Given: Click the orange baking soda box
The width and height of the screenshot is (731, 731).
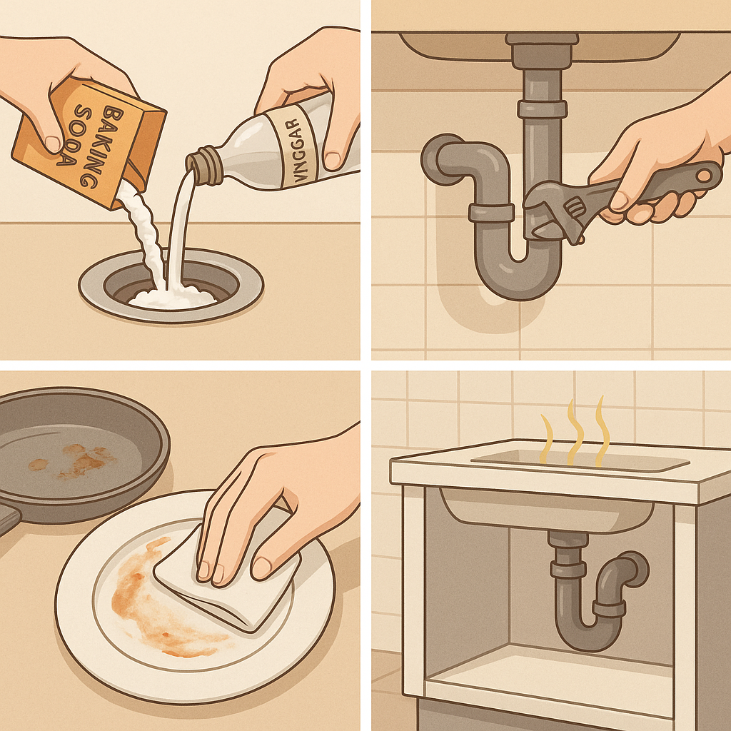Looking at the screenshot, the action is click(x=89, y=142).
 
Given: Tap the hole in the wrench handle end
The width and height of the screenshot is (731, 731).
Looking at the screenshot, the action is click(x=703, y=176).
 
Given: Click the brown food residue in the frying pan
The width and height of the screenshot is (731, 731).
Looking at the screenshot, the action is click(x=74, y=462).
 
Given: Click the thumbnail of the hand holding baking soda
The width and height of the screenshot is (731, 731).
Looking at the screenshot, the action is click(x=53, y=143).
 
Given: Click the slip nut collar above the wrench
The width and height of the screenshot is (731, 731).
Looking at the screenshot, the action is click(x=542, y=109).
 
